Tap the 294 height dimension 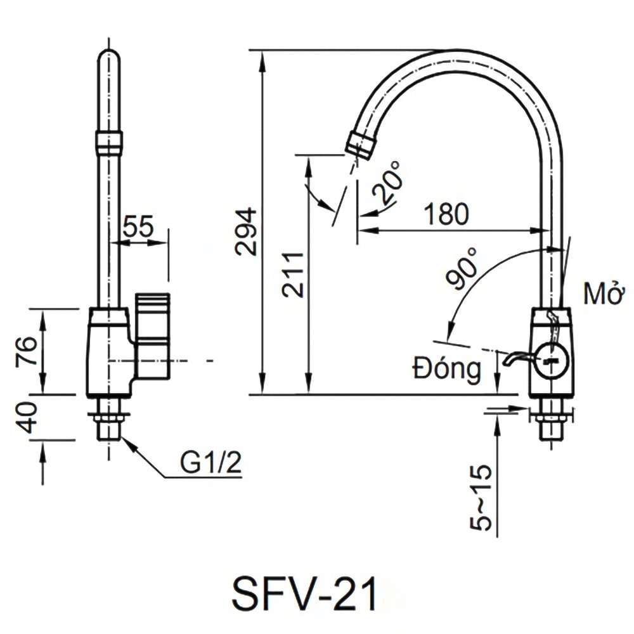click(x=246, y=231)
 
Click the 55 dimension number click(x=138, y=226)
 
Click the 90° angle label click(x=462, y=271)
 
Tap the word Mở click(x=600, y=295)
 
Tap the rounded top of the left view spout click(x=110, y=55)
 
